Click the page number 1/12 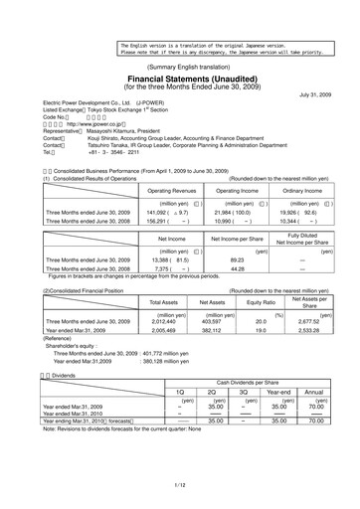click(x=180, y=483)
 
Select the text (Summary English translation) click(x=180, y=64)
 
